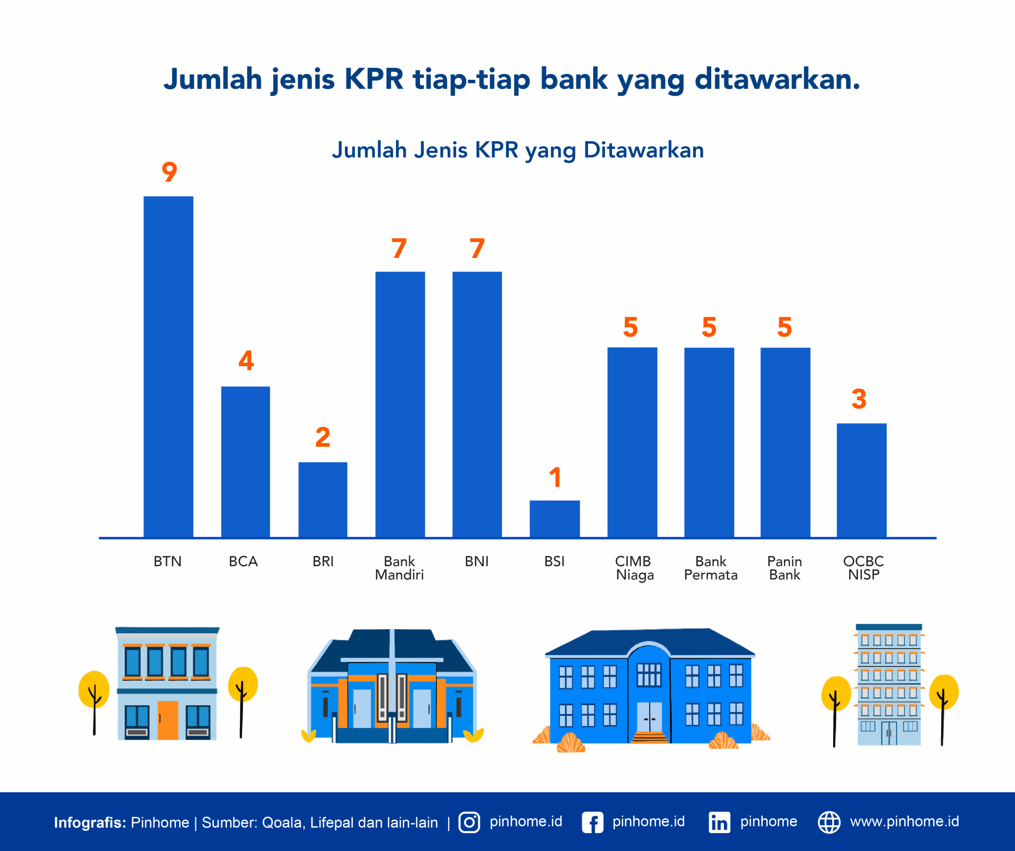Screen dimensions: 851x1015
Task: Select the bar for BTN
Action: (x=169, y=367)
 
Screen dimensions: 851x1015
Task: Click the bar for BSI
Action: (x=555, y=519)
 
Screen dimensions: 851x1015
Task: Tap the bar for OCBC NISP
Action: (x=861, y=480)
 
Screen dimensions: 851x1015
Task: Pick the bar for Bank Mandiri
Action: (x=400, y=404)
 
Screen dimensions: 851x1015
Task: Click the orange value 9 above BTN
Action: (x=169, y=172)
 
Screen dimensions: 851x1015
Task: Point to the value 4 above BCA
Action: (x=246, y=361)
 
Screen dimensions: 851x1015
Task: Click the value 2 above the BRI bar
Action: (x=323, y=437)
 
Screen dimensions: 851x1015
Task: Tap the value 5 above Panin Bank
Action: (x=785, y=327)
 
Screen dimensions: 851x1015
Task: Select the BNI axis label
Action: (x=477, y=561)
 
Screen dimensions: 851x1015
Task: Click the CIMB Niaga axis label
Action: (x=634, y=568)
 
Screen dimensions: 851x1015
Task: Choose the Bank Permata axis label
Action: (x=711, y=568)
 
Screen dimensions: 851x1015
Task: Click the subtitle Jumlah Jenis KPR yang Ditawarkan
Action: (x=518, y=150)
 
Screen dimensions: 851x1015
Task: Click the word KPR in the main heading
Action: (x=374, y=79)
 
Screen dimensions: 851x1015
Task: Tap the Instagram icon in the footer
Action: (x=469, y=822)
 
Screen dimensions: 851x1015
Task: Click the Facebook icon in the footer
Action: (x=592, y=822)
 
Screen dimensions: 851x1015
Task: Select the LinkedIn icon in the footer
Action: (x=719, y=822)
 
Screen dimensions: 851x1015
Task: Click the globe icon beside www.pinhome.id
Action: (x=829, y=822)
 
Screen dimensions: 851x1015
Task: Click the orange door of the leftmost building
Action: (x=168, y=720)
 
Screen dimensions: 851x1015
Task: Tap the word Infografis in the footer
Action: (x=90, y=822)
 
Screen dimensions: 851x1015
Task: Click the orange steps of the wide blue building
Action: (x=650, y=737)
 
